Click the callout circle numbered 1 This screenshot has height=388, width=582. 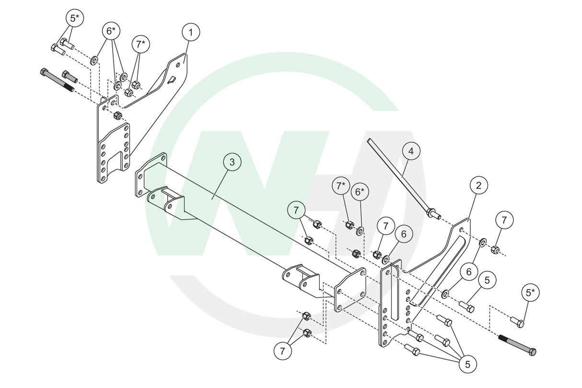190,33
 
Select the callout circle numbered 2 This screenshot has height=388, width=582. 478,186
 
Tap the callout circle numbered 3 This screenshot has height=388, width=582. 232,162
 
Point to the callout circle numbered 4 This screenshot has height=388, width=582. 411,152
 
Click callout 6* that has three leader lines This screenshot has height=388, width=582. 111,32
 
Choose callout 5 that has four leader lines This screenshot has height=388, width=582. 467,364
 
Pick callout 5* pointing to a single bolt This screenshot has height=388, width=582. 530,293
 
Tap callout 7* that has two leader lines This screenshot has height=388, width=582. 140,45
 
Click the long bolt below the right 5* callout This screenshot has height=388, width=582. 517,345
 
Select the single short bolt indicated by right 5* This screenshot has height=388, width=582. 517,321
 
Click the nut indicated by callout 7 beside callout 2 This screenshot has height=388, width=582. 496,249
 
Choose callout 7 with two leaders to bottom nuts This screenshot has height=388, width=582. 282,351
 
